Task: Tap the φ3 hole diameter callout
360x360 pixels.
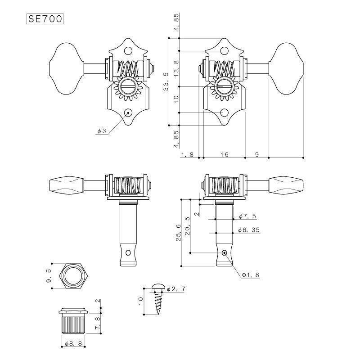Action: (101, 131)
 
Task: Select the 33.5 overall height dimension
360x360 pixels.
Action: (166, 81)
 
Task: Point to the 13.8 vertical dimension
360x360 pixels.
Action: (176, 68)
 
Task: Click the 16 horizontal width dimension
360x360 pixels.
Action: (224, 154)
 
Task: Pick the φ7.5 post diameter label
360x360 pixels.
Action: (247, 216)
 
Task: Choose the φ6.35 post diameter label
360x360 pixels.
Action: (249, 230)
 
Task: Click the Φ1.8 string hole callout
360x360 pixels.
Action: (250, 274)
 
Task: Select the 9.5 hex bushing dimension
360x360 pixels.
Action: (49, 275)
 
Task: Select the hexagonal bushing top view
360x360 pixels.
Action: (72, 275)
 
